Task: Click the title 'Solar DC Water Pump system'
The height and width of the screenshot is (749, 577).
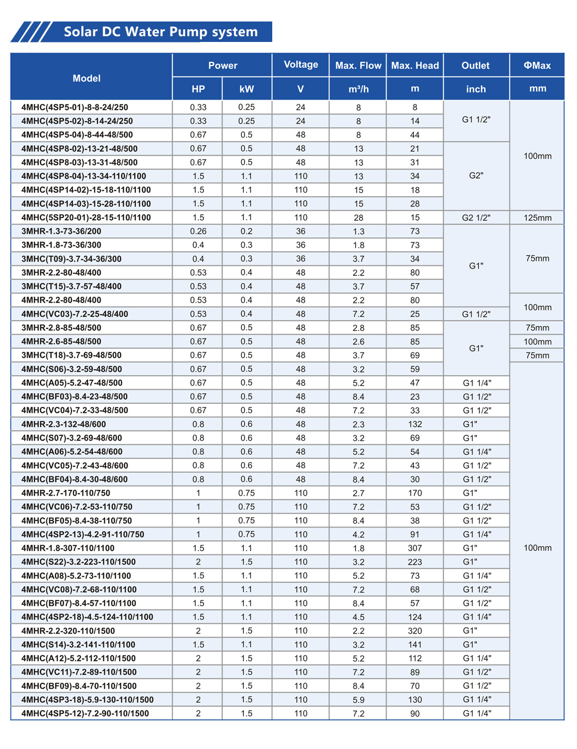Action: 161,32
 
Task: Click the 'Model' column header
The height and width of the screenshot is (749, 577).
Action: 87,78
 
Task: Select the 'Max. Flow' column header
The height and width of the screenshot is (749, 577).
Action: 358,66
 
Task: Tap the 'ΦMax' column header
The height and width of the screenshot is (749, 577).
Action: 537,66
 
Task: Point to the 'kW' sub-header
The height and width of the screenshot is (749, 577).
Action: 247,89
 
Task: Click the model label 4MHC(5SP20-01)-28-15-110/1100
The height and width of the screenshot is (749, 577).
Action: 86,218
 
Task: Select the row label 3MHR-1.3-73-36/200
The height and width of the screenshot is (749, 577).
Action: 61,231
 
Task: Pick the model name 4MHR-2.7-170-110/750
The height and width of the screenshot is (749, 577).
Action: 66,493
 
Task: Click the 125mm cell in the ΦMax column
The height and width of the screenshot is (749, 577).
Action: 537,218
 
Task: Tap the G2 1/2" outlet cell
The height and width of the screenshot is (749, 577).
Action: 476,218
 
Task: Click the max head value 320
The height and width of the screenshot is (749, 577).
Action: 415,631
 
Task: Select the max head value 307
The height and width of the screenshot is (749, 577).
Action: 415,548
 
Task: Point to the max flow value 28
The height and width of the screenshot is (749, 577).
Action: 358,218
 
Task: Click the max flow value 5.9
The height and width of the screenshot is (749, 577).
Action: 358,700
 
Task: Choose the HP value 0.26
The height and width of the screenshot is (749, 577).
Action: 198,231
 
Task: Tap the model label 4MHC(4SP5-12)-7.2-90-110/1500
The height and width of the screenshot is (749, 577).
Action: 85,713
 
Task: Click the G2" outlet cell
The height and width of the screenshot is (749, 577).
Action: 476,176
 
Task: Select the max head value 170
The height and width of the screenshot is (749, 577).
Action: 415,493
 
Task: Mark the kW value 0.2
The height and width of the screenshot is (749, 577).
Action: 247,231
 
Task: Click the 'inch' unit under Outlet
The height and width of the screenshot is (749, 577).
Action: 476,89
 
